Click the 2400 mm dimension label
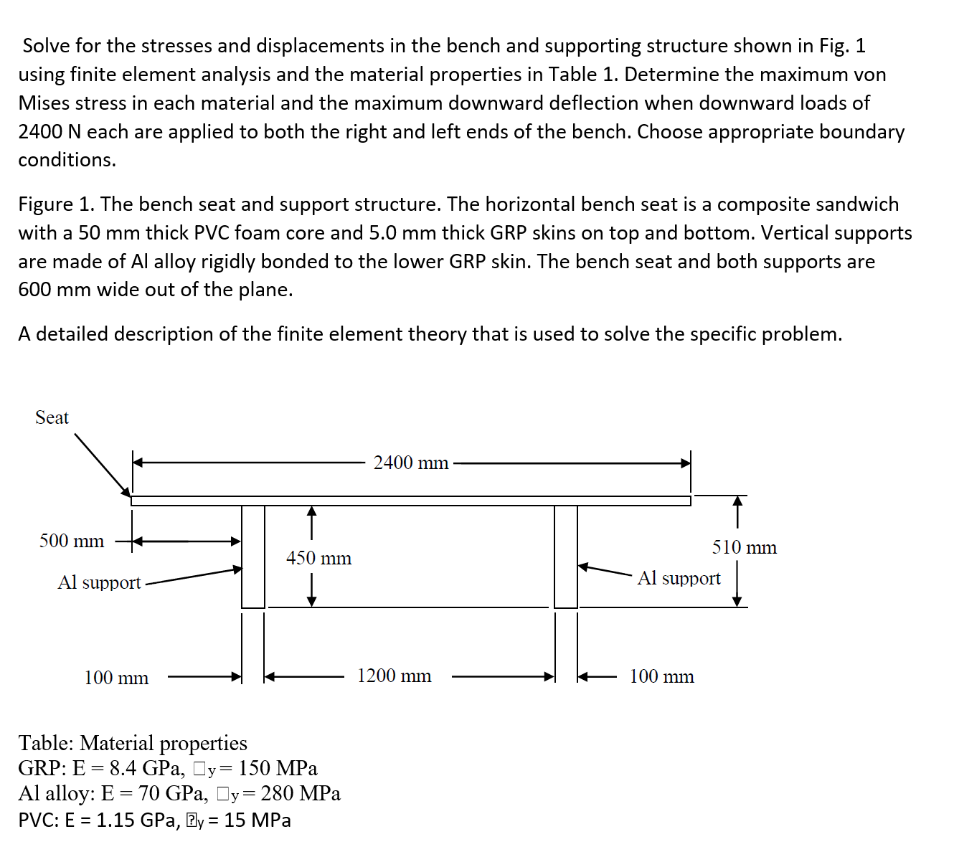point(410,463)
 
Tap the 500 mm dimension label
point(72,541)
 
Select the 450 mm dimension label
point(318,558)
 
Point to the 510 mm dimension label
point(744,547)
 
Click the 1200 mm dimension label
point(395,676)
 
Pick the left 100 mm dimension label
point(116,678)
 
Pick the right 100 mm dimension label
point(661,676)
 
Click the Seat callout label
point(52,417)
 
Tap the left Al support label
point(99,582)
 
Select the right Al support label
point(679,578)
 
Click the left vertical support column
point(253,556)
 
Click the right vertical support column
point(566,556)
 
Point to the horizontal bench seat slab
point(410,500)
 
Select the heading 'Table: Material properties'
point(133,742)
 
